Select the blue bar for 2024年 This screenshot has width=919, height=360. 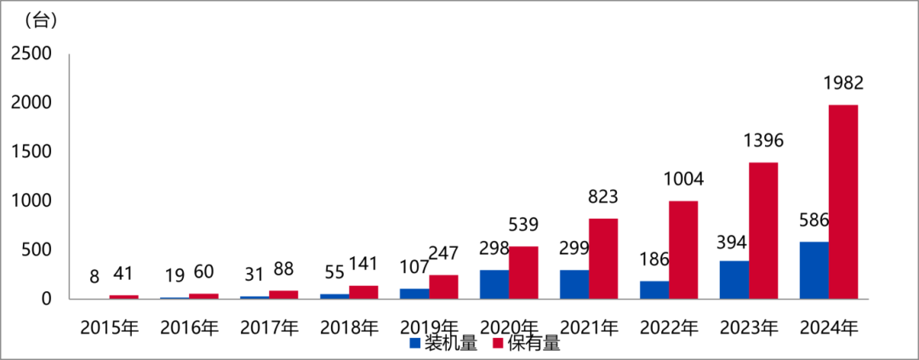point(814,270)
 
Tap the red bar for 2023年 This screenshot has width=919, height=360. point(763,231)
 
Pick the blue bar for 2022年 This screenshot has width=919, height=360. point(654,289)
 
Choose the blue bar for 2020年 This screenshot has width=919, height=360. point(494,284)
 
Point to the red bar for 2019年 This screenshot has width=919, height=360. point(443,287)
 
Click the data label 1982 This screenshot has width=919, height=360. point(843,83)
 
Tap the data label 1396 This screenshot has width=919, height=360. point(763,140)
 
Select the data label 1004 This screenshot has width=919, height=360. point(683,179)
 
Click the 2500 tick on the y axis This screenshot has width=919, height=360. point(31,54)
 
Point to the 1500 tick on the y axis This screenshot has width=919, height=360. point(31,151)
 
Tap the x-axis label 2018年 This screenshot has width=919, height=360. point(349,327)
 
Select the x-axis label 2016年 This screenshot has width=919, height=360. point(189,327)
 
